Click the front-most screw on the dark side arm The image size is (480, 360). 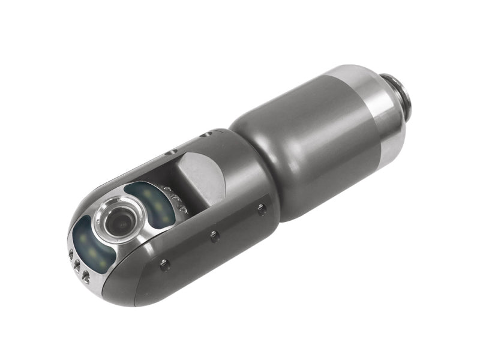164,263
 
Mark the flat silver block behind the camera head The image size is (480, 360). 201,177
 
